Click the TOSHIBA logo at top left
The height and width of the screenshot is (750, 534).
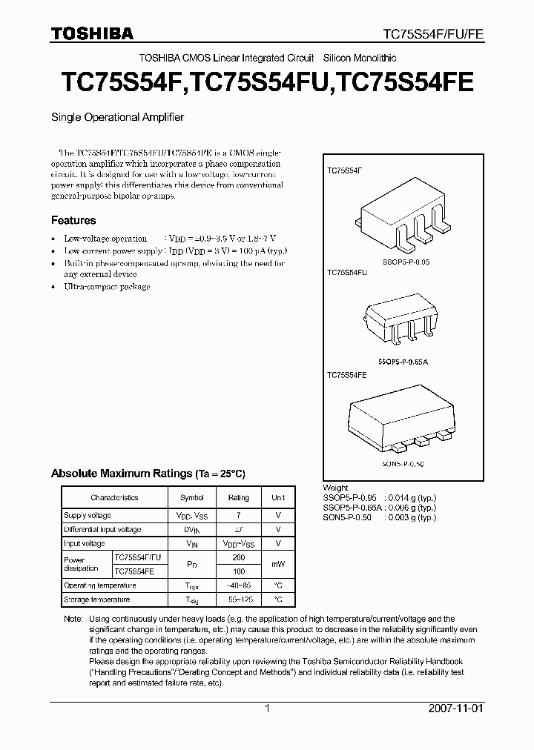pyautogui.click(x=92, y=33)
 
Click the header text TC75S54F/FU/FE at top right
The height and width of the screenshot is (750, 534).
pyautogui.click(x=432, y=34)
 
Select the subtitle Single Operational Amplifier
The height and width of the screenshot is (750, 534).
pyautogui.click(x=117, y=117)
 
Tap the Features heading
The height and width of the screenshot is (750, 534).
pyautogui.click(x=73, y=220)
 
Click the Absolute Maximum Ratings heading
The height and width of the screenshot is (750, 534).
pyautogui.click(x=148, y=473)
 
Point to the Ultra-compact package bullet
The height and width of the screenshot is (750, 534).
pyautogui.click(x=107, y=287)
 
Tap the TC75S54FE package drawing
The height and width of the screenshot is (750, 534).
pyautogui.click(x=403, y=417)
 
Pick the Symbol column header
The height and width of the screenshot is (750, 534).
pyautogui.click(x=191, y=498)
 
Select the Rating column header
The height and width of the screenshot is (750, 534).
pyautogui.click(x=239, y=498)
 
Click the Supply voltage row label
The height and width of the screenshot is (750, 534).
pyautogui.click(x=88, y=515)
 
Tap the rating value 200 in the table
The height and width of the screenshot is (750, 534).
pyautogui.click(x=239, y=557)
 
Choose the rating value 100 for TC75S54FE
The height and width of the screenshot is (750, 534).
pyautogui.click(x=239, y=571)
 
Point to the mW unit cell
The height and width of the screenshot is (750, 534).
pyautogui.click(x=278, y=564)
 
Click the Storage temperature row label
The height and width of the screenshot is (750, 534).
pyautogui.click(x=97, y=600)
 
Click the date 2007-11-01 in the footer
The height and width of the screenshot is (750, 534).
pyautogui.click(x=455, y=708)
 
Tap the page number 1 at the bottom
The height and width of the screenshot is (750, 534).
pyautogui.click(x=267, y=708)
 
